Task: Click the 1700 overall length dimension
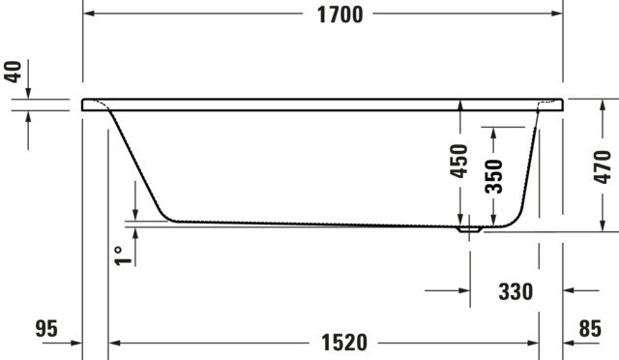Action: coord(339,15)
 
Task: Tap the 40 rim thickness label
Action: coord(14,72)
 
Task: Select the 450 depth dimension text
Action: coord(459,161)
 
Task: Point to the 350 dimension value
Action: coord(493,176)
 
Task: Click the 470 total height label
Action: coord(602,166)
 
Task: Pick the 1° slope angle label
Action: coord(123,256)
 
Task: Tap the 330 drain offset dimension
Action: coord(516,291)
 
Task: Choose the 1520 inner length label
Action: coord(344,343)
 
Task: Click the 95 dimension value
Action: coord(46,328)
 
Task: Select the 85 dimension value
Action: coord(590,328)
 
